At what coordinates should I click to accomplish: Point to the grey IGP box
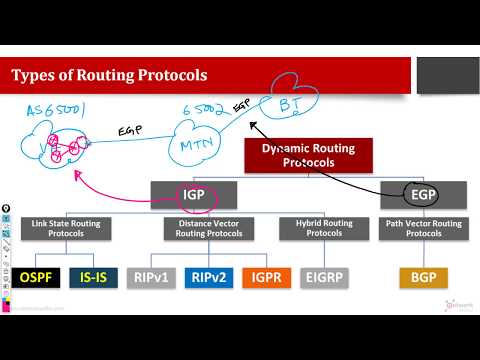[x=194, y=193]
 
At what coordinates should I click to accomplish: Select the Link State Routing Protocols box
[x=62, y=228]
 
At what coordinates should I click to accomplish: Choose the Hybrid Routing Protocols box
[x=319, y=228]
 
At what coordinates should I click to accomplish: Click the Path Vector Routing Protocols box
[x=424, y=228]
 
